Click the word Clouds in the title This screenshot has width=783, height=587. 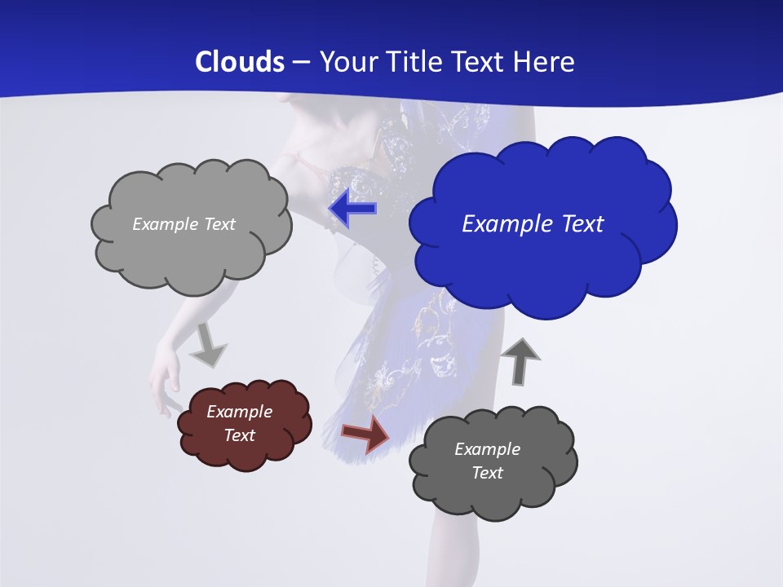239,62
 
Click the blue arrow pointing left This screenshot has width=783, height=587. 352,209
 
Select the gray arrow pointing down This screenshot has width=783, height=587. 208,346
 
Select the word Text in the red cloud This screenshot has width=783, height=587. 240,435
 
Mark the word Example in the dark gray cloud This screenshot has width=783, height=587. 487,449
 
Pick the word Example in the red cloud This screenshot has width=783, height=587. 240,412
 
